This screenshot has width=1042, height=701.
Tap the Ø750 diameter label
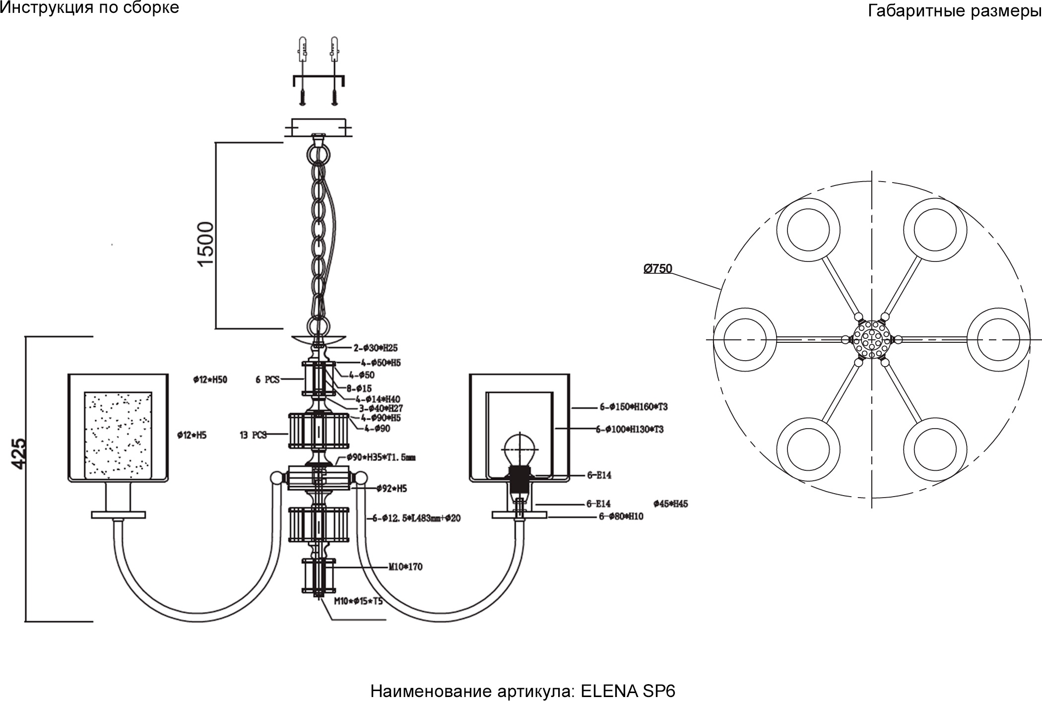tap(657, 269)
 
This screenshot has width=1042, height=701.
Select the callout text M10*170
tap(405, 567)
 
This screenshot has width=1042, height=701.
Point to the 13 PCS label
tap(253, 435)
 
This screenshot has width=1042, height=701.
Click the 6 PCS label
tap(267, 380)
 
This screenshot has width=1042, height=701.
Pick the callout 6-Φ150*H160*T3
tap(633, 407)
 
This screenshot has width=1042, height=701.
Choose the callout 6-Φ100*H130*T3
tap(629, 429)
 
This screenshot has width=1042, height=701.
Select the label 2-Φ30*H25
tap(375, 348)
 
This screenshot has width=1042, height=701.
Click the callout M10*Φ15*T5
tap(358, 602)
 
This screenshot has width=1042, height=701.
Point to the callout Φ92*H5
tap(391, 489)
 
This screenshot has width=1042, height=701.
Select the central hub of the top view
tap(872, 340)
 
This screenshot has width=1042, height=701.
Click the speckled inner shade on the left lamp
tap(118, 436)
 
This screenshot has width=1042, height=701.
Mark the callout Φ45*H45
tap(670, 504)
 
